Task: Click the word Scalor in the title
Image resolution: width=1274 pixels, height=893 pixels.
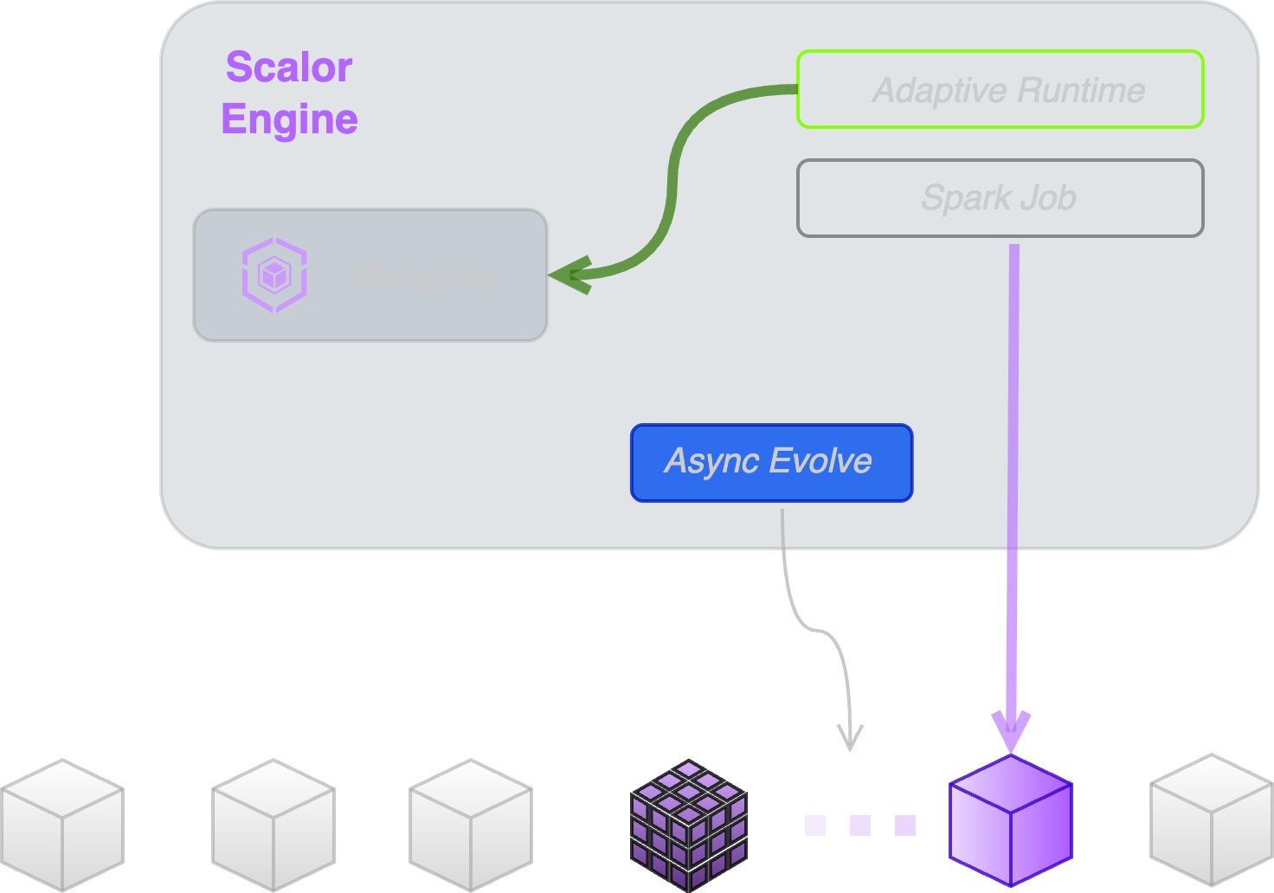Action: point(288,67)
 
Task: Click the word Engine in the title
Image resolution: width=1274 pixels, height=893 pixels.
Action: point(289,119)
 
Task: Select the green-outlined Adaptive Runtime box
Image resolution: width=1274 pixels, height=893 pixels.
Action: point(1000,89)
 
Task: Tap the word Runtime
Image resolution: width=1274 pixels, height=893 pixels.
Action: point(1082,90)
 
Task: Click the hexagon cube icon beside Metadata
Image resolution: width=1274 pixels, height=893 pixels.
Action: point(274,275)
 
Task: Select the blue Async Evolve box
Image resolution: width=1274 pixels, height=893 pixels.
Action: point(771,462)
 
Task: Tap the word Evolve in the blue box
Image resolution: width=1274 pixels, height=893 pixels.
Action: point(820,461)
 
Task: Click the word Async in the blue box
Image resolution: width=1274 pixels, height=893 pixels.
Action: point(711,461)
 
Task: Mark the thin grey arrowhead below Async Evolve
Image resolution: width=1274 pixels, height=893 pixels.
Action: point(851,738)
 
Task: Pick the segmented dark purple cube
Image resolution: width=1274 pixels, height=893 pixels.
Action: point(689,825)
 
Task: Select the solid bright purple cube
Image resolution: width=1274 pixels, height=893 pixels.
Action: point(1011,820)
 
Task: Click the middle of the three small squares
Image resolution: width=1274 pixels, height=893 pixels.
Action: point(860,826)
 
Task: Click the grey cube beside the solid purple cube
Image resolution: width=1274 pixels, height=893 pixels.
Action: point(1212,819)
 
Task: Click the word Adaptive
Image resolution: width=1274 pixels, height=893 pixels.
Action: point(940,90)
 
